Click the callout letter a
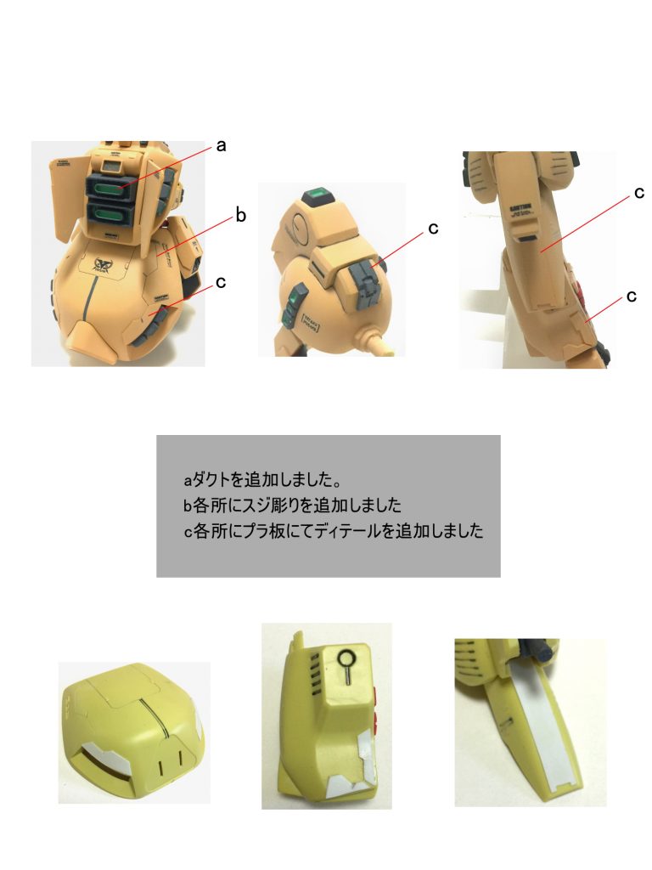point(222,146)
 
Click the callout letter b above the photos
point(240,216)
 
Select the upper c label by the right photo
point(638,193)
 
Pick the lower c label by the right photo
point(631,296)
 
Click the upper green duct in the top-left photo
point(108,189)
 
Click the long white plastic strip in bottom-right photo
point(533,731)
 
